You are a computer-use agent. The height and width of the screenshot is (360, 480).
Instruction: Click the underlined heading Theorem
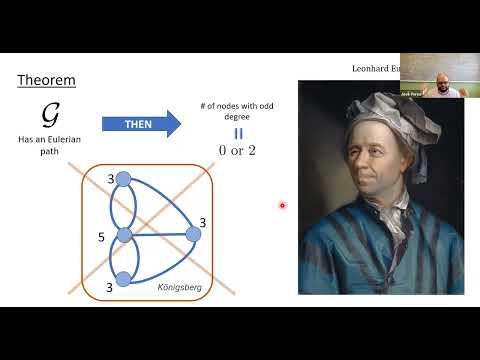pyautogui.click(x=47, y=79)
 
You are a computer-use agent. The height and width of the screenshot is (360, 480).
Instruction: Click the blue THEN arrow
pyautogui.click(x=139, y=123)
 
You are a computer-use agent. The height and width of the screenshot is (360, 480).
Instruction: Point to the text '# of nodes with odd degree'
pyautogui.click(x=238, y=113)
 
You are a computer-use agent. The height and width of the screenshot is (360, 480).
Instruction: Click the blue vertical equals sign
pyautogui.click(x=238, y=133)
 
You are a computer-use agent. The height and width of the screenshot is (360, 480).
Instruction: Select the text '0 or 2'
pyautogui.click(x=238, y=150)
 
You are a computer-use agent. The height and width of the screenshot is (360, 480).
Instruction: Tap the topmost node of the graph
pyautogui.click(x=123, y=179)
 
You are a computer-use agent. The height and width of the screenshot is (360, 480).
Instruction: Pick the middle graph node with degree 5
pyautogui.click(x=124, y=236)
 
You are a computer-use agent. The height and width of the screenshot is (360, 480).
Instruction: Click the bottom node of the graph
pyautogui.click(x=123, y=280)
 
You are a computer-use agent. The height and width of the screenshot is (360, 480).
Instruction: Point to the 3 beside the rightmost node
pyautogui.click(x=202, y=221)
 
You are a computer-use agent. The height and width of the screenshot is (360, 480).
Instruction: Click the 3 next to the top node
pyautogui.click(x=111, y=180)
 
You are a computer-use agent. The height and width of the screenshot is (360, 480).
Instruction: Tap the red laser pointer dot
pyautogui.click(x=282, y=206)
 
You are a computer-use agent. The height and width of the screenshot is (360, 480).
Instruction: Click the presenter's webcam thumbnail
pyautogui.click(x=439, y=75)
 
